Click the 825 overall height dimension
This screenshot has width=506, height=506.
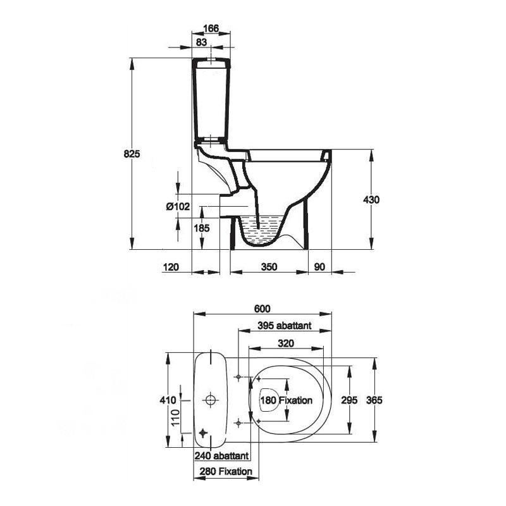pyautogui.click(x=132, y=154)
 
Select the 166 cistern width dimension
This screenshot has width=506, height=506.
pyautogui.click(x=211, y=28)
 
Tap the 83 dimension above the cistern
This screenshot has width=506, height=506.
pyautogui.click(x=201, y=42)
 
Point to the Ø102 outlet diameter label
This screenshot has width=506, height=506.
pyautogui.click(x=178, y=206)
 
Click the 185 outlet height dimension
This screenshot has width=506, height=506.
pyautogui.click(x=202, y=228)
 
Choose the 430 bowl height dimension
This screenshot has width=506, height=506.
pyautogui.click(x=371, y=200)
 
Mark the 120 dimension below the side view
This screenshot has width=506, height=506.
pyautogui.click(x=171, y=267)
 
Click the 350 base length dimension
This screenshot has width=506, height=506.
pyautogui.click(x=269, y=267)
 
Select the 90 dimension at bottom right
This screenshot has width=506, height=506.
pyautogui.click(x=319, y=267)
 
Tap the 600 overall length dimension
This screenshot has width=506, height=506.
pyautogui.click(x=262, y=309)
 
